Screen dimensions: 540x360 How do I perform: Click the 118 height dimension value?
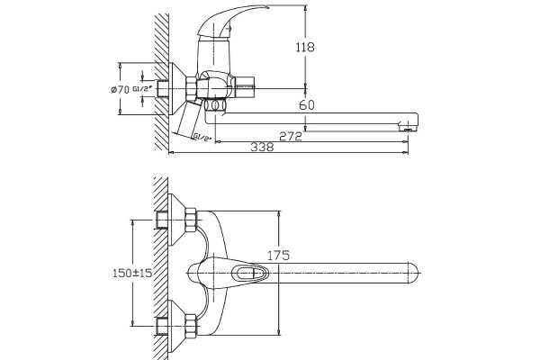[x=305, y=47]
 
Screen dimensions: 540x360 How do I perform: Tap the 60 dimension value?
[x=307, y=104]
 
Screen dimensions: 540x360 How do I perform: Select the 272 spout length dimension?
[x=291, y=137]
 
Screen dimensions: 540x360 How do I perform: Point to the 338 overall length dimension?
[x=262, y=147]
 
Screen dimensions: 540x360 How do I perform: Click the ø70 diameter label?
[x=120, y=90]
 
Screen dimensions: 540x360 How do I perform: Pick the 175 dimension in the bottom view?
[x=279, y=256]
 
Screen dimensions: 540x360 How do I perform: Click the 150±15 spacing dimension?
[x=132, y=273]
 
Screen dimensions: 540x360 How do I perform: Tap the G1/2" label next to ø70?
[x=142, y=89]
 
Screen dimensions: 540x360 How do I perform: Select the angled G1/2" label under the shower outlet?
[x=202, y=137]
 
